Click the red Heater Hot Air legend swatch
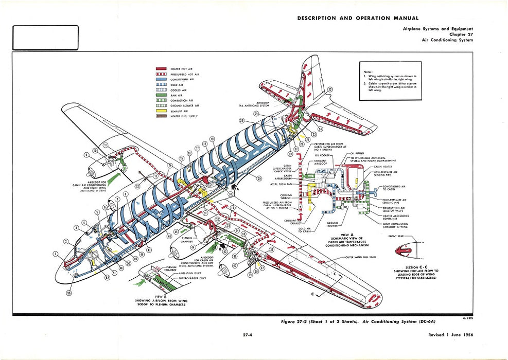tap(161, 68)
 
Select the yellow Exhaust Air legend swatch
tap(161, 111)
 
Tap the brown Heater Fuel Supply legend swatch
tap(161, 116)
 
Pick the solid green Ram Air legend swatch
tap(161, 95)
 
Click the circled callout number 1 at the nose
tap(56, 254)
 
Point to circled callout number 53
tap(69, 293)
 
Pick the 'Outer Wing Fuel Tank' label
tap(361, 257)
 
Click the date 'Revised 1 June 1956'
tap(450, 335)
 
